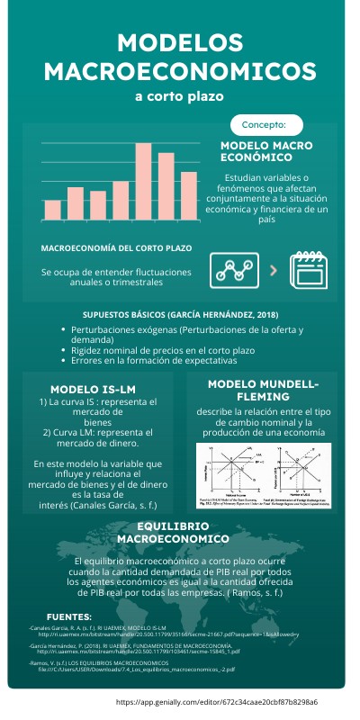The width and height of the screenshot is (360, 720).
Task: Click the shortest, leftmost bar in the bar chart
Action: [x=52, y=210]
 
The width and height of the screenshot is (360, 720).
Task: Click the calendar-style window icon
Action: [x=307, y=268]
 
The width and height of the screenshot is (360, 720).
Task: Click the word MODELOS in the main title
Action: [x=181, y=44]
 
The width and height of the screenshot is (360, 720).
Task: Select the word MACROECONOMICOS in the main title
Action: [x=181, y=71]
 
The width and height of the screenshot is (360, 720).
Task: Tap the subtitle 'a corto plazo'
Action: [x=179, y=95]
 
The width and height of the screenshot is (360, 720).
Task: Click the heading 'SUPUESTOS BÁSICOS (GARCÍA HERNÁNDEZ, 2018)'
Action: [x=180, y=315]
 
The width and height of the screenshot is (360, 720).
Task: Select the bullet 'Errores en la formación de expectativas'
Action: [x=153, y=360]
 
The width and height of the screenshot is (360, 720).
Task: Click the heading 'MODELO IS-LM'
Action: [x=99, y=389]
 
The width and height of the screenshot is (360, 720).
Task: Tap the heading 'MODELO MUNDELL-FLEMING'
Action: [x=264, y=390]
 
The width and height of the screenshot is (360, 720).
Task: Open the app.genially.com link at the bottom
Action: [x=217, y=700]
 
